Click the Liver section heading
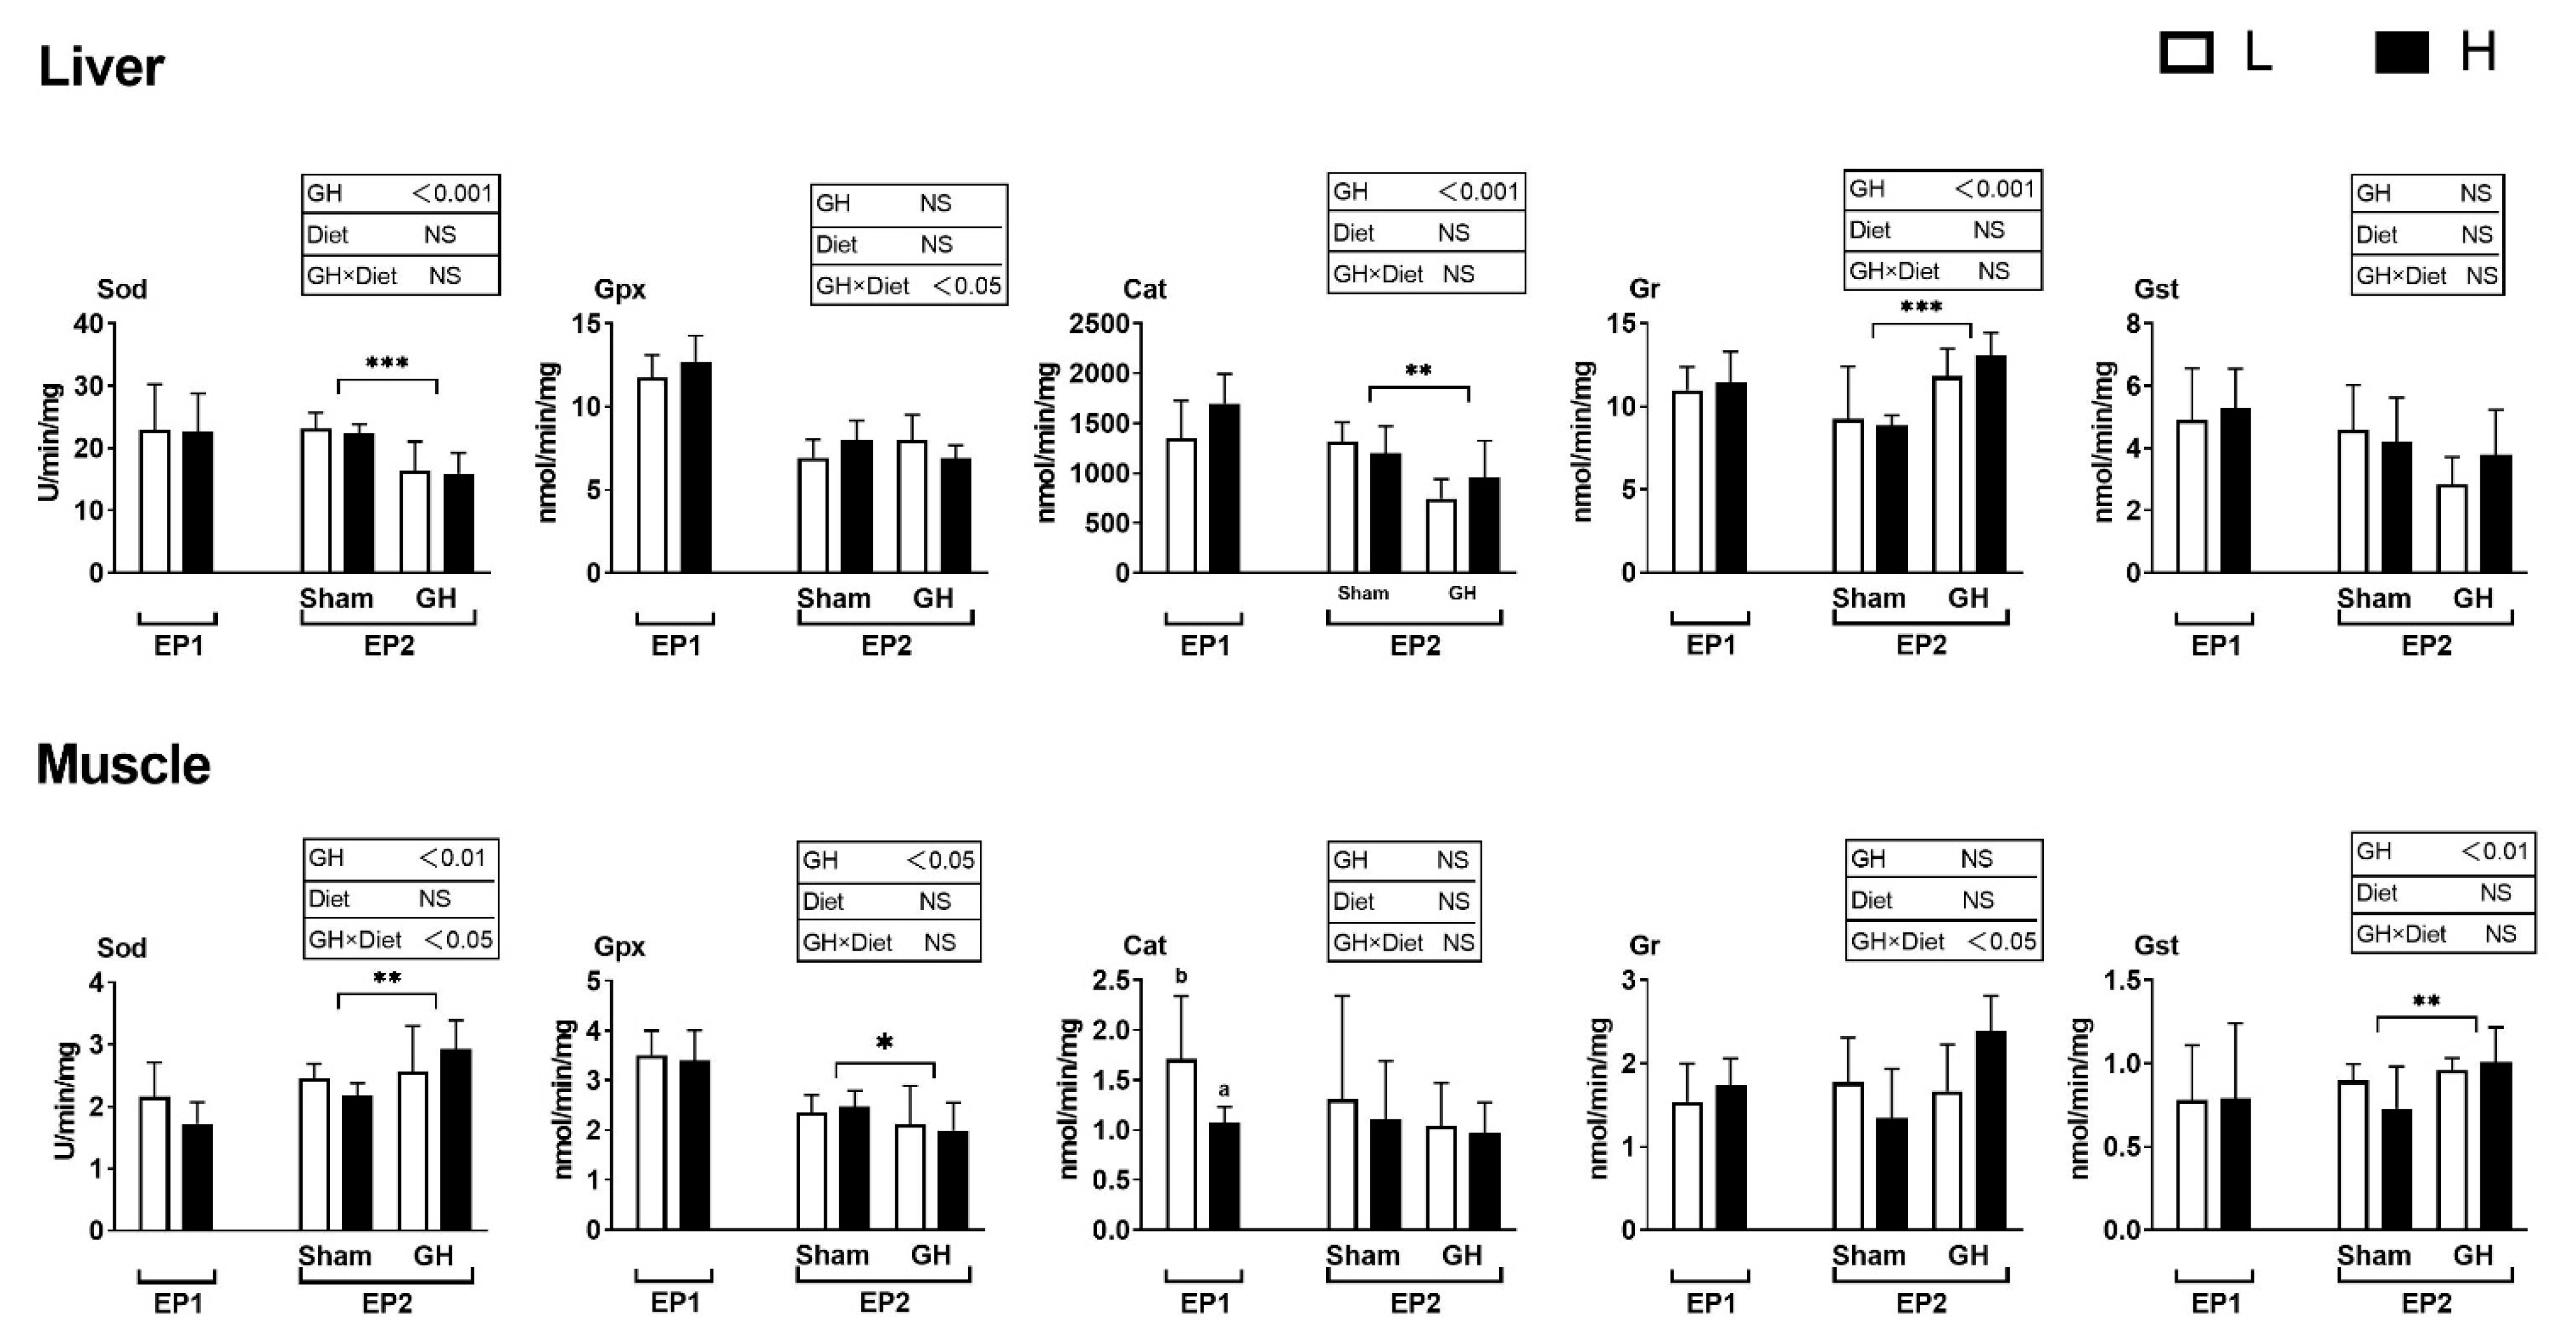101,67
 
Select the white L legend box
2186,52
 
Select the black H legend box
2401,52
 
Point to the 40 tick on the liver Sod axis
89,324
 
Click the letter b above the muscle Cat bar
1180,976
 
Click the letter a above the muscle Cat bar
1224,1089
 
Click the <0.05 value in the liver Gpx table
967,286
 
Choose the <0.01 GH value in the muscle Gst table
2493,851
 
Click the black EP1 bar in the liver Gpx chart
695,467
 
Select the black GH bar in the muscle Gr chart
1990,1131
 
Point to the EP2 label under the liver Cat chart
1414,646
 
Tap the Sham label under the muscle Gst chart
2373,1256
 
